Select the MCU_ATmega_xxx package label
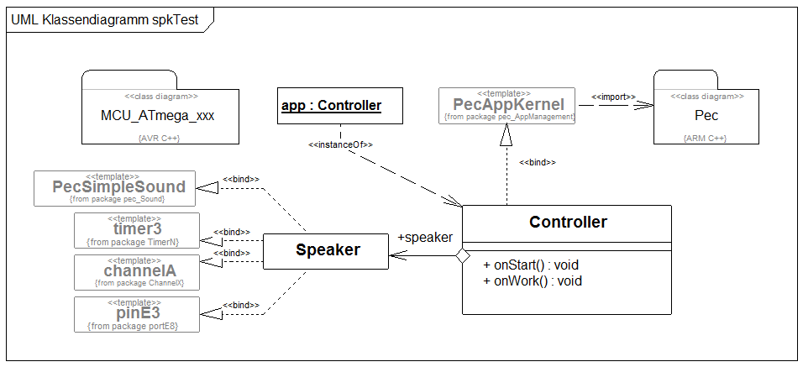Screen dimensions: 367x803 coord(151,114)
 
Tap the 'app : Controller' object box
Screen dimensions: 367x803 coord(331,106)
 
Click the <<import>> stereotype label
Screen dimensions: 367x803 coord(613,97)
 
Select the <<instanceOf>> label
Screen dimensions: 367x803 coord(340,144)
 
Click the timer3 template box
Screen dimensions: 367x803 coord(137,229)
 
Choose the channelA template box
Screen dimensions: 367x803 coord(137,271)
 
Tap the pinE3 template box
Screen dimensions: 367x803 coord(137,313)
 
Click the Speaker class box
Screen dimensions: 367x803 coord(327,249)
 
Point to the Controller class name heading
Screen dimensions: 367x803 coord(568,223)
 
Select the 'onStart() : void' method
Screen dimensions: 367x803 coord(531,265)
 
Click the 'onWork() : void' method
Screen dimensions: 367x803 coord(533,281)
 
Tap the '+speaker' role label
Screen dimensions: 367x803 coord(425,238)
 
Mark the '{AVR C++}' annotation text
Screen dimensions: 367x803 coord(152,137)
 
